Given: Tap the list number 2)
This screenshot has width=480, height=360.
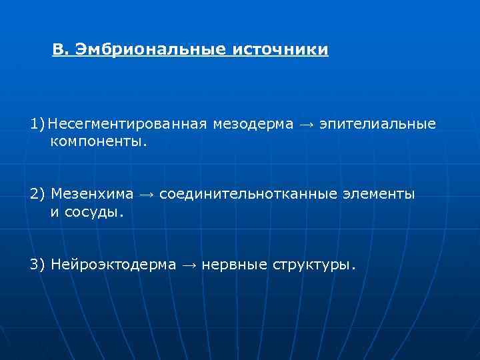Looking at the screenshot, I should click(37, 194).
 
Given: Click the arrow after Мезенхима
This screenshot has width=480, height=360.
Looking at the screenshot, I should click(146, 195).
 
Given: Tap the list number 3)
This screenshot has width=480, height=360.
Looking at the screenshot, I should click(37, 265).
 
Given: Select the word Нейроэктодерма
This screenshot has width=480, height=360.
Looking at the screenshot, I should click(113, 265).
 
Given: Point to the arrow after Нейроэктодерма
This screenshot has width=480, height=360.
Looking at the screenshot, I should click(189, 265).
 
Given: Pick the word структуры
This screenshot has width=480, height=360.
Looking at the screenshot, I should click(314, 265).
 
